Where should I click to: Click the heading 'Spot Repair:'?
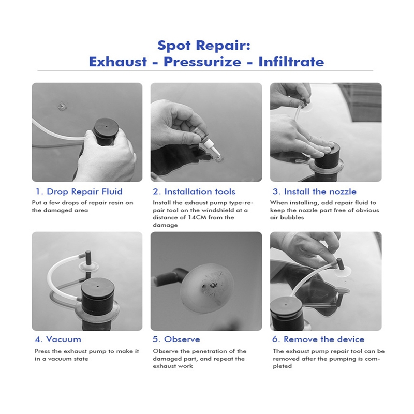204,46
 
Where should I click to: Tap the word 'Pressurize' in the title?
202,62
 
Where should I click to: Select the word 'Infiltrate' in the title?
291,62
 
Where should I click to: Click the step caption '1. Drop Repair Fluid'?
79,191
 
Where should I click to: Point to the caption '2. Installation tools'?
194,191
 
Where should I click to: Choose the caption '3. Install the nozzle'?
314,191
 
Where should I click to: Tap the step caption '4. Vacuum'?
58,339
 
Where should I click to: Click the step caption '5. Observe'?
176,339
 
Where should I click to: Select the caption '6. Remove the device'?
318,339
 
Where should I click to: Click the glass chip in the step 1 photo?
62,107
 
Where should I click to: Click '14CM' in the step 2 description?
198,217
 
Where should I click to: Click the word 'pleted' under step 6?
282,366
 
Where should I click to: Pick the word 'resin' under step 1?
116,203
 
